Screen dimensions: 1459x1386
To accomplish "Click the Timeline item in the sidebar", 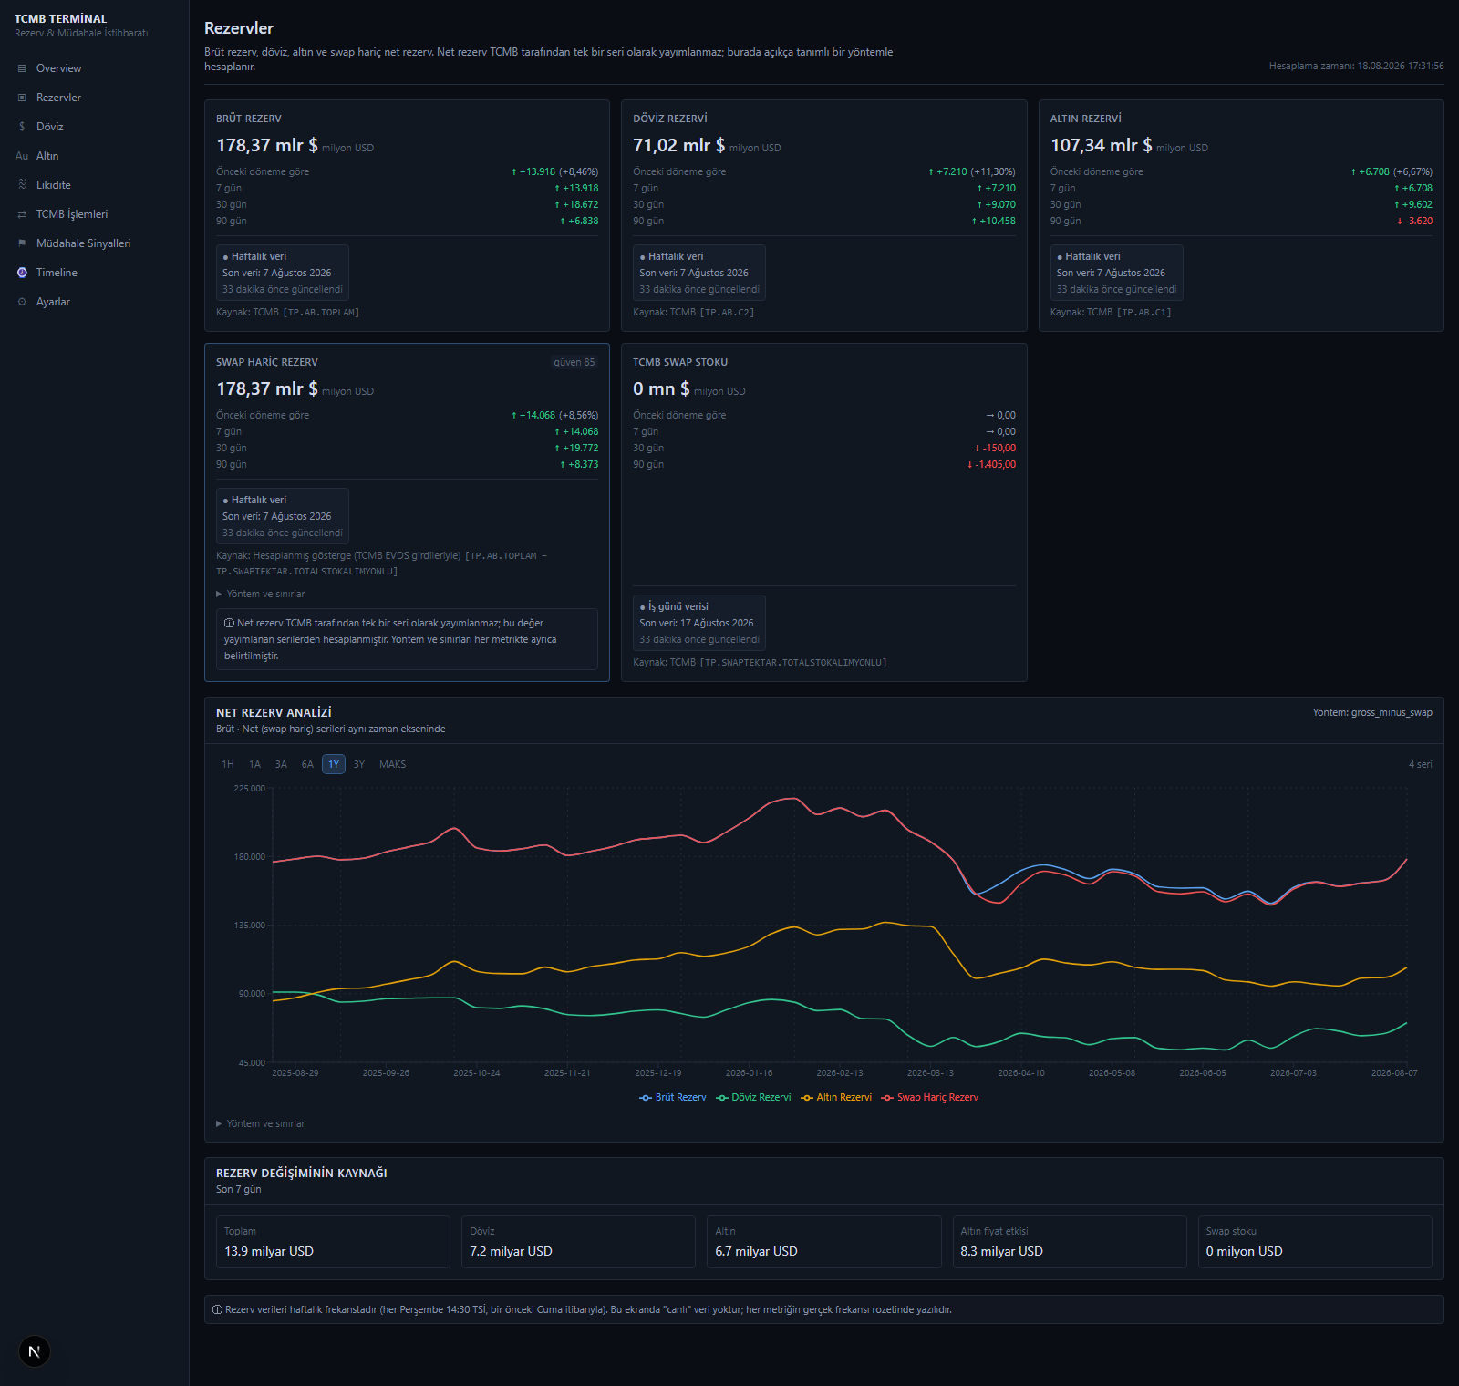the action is (x=57, y=273).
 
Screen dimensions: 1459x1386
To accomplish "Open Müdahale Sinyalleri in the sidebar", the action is (x=83, y=243).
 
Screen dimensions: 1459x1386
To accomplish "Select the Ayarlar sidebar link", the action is (x=53, y=302).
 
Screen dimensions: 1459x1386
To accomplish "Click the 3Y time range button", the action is (x=359, y=764).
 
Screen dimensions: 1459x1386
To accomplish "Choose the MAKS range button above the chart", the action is (x=393, y=764).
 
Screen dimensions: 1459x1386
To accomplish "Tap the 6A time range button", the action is (x=307, y=764).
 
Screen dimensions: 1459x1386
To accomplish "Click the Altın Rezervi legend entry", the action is (x=836, y=1097).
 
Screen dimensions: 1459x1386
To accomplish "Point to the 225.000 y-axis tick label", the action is (x=250, y=788).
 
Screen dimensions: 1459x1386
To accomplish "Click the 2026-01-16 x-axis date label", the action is (x=749, y=1072).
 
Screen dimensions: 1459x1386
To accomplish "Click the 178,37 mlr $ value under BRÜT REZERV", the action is (x=267, y=145).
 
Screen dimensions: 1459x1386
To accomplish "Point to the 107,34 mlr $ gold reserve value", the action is (x=1102, y=145).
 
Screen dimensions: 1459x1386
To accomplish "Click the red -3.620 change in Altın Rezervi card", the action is (x=1414, y=221).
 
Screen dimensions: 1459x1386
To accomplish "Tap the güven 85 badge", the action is (x=574, y=362).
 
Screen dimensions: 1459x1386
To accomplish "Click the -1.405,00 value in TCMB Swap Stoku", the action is (x=991, y=464).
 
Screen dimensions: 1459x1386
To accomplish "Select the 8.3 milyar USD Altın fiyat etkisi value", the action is (x=1001, y=1251).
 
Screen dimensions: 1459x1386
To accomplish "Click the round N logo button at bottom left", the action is (x=35, y=1351).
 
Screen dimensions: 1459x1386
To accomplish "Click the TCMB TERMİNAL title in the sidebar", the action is (x=60, y=18).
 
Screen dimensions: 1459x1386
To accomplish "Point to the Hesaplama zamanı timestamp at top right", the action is (x=1356, y=66).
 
